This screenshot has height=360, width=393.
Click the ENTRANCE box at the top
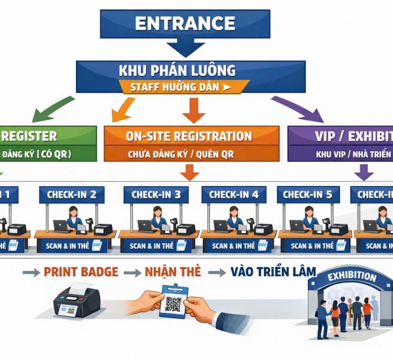pos(184,24)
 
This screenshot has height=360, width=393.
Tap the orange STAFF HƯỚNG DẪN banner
pos(185,86)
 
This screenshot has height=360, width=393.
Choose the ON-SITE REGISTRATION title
pos(189,136)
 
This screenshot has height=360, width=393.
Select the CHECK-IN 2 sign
pos(71,194)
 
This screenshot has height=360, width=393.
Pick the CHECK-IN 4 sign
pos(234,194)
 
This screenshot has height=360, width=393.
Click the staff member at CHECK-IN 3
pos(157,218)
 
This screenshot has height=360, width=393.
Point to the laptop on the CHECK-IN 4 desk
pos(221,226)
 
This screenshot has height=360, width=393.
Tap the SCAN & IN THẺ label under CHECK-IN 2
pos(67,246)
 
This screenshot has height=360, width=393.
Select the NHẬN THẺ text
pos(172,272)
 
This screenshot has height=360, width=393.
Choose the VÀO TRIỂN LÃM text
pos(272,271)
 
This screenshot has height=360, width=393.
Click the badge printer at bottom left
pos(77,305)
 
